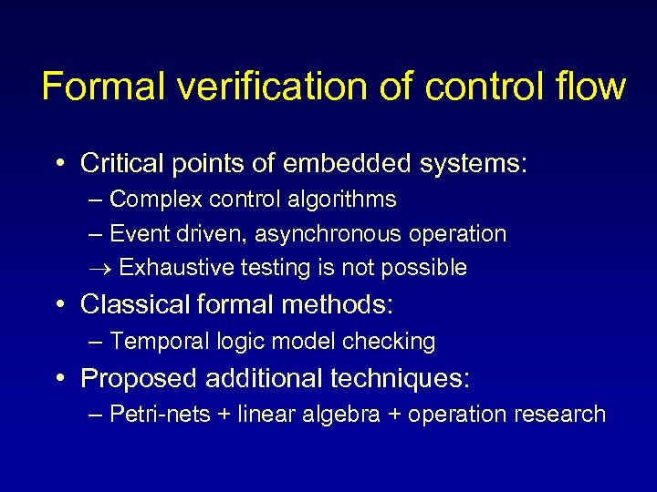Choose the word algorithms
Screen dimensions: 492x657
point(348,199)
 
